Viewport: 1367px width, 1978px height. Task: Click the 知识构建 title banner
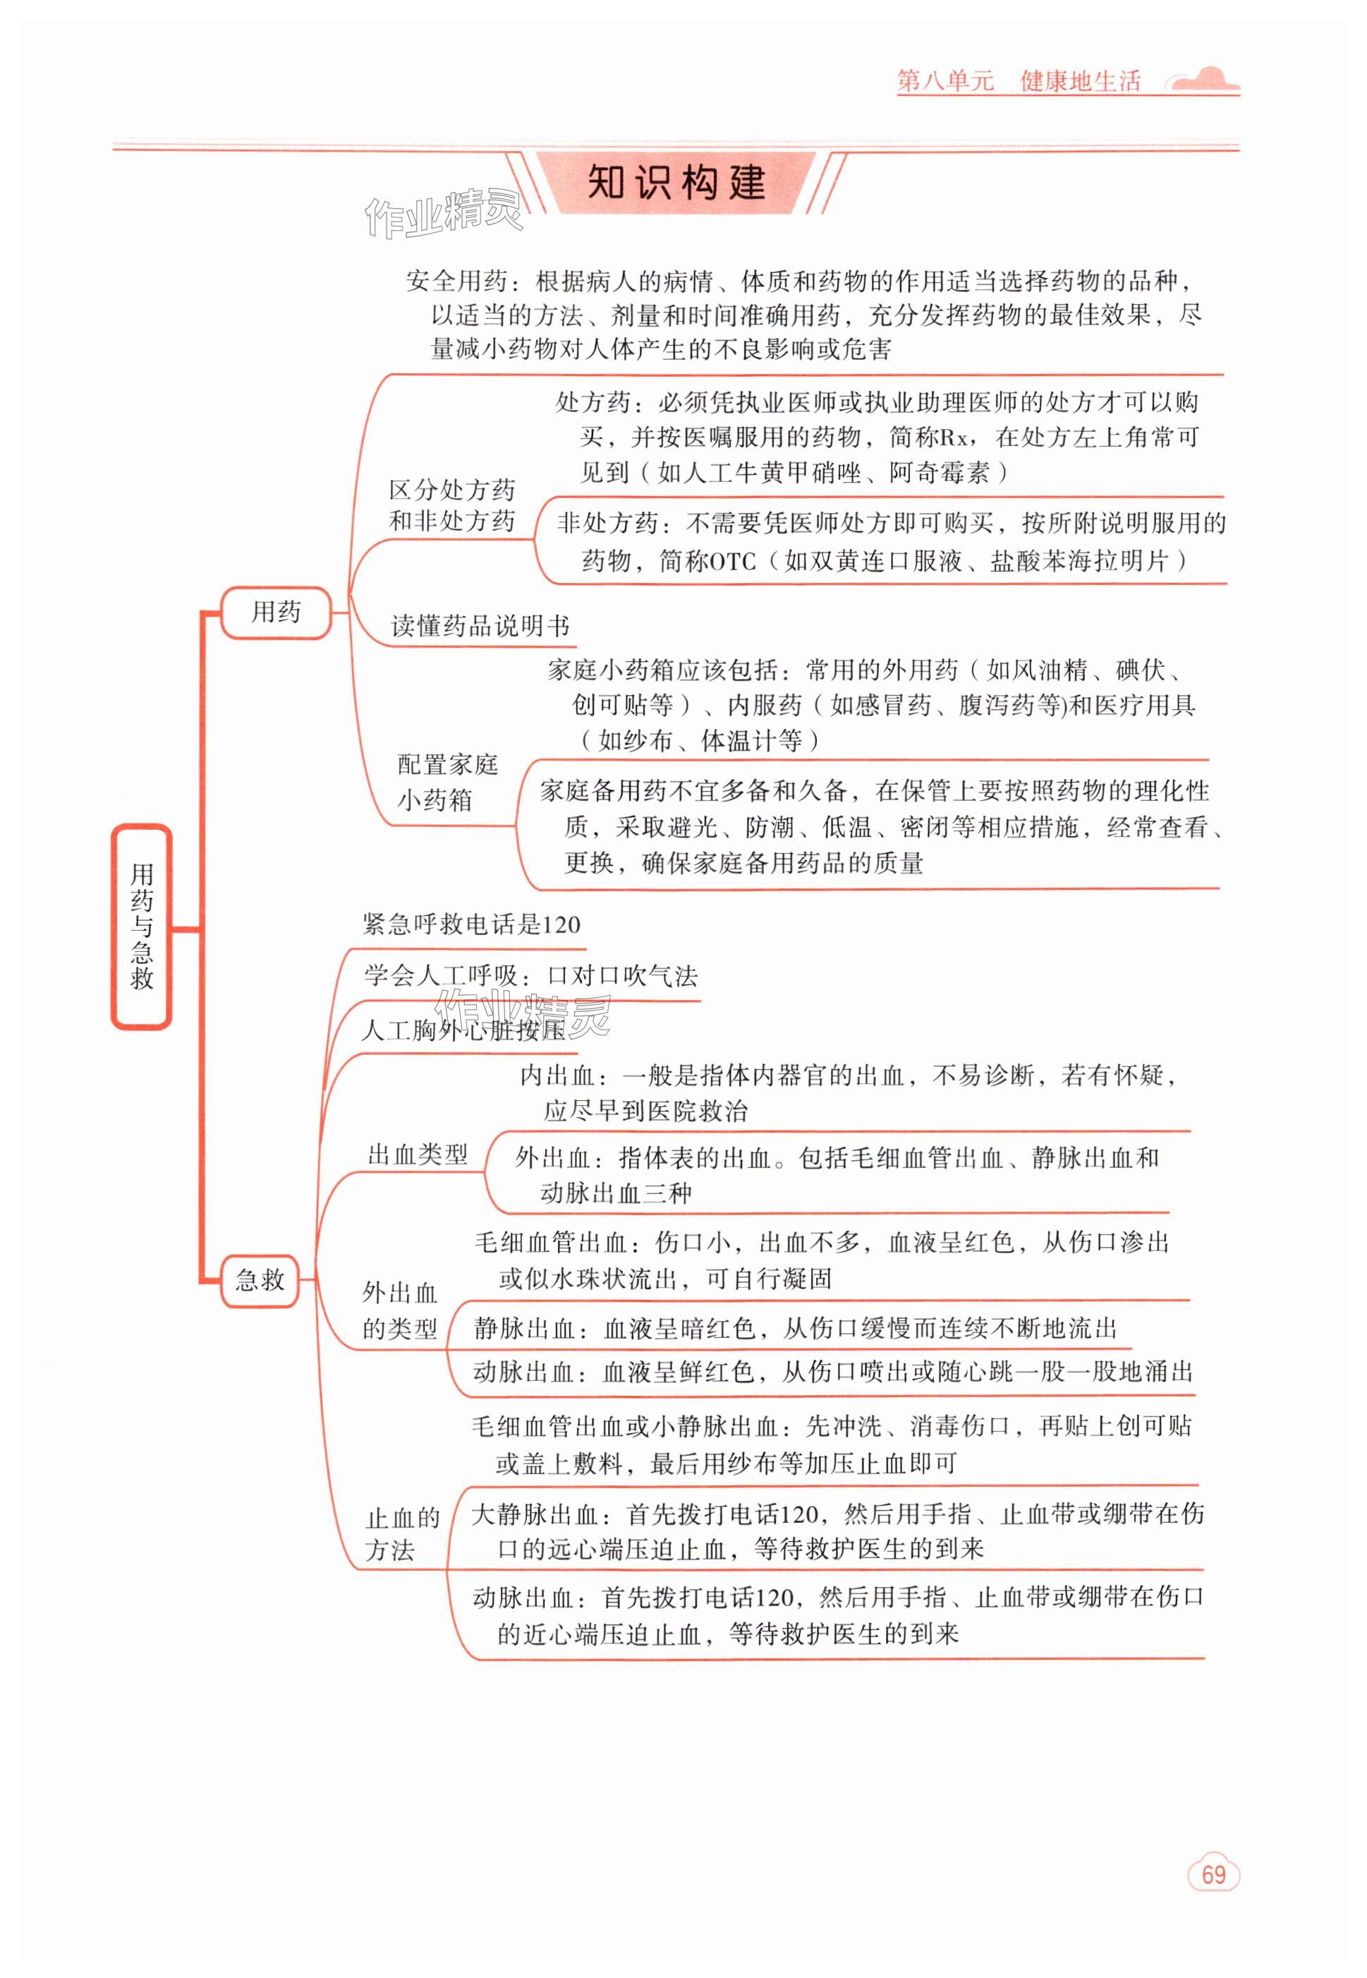[676, 183]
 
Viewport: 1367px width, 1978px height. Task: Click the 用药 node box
[276, 613]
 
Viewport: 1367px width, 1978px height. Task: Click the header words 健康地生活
[1080, 81]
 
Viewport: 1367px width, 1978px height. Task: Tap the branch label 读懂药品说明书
[480, 626]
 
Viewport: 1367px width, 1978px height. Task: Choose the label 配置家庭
[447, 764]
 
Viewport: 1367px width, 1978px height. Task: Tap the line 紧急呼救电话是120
[471, 924]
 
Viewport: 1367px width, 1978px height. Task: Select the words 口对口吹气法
[623, 976]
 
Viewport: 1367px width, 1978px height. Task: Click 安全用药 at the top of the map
[457, 281]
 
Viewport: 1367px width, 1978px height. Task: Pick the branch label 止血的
[402, 1519]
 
